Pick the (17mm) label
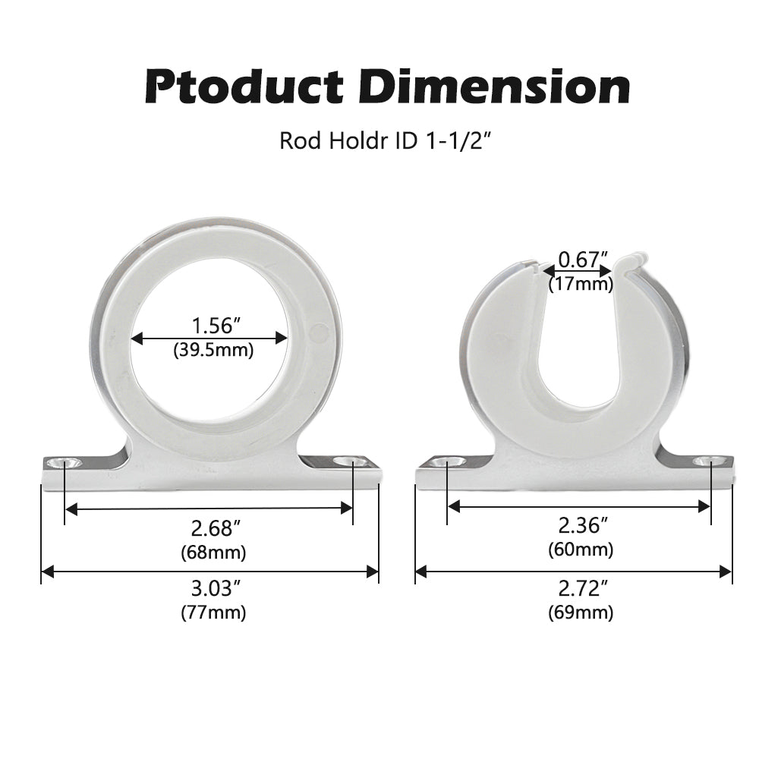[581, 285]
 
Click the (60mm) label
[581, 550]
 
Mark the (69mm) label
[581, 613]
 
